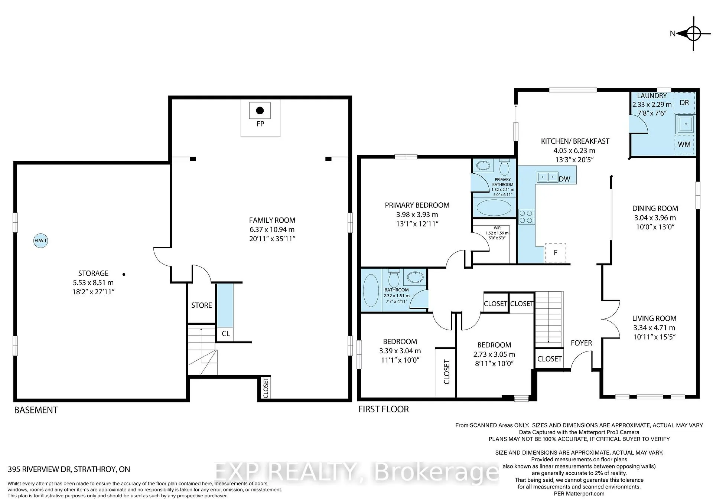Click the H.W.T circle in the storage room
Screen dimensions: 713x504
(x=40, y=240)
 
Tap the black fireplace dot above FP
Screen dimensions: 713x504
(x=260, y=110)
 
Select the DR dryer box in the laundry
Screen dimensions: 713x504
(x=684, y=103)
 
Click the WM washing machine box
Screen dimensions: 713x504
(x=684, y=144)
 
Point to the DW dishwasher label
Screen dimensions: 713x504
(x=564, y=179)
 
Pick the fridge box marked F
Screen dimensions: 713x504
(x=555, y=253)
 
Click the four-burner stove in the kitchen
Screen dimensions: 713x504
(x=527, y=217)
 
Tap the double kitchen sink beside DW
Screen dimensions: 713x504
(x=547, y=177)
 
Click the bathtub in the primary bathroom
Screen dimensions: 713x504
(x=494, y=207)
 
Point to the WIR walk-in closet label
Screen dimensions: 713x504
(x=497, y=228)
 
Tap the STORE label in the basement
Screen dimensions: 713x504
(x=202, y=305)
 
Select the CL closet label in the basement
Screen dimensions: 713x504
(x=226, y=334)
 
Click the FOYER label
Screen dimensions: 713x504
(x=581, y=343)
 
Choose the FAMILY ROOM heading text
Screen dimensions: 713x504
(x=272, y=220)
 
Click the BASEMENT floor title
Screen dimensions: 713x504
(x=36, y=410)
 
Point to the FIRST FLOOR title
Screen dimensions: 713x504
(x=384, y=409)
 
